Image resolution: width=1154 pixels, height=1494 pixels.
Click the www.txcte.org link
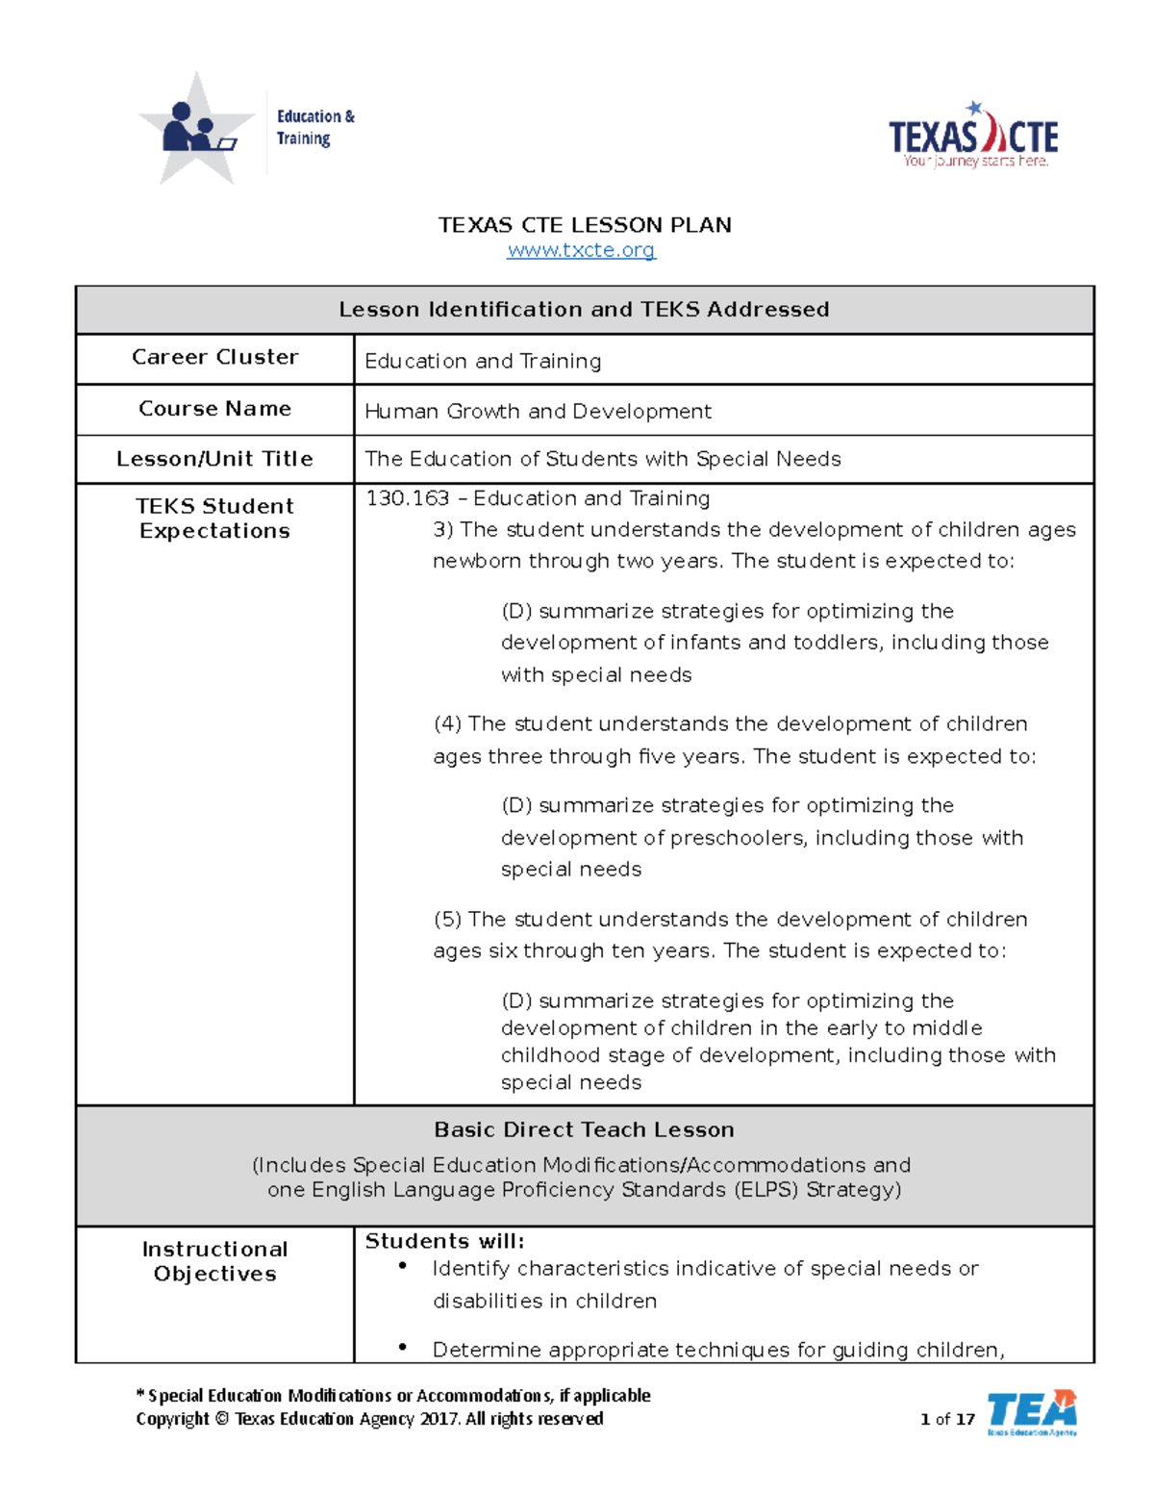click(x=581, y=250)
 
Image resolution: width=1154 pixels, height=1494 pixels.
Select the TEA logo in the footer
click(x=1031, y=1412)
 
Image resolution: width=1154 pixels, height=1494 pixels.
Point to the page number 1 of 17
click(x=947, y=1419)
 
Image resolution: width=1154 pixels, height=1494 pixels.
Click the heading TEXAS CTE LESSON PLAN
click(x=585, y=225)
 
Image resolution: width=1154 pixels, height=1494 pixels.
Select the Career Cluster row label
click(x=214, y=357)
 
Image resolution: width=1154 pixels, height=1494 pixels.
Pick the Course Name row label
click(x=214, y=409)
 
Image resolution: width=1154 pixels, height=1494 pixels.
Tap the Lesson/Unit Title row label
click(x=214, y=459)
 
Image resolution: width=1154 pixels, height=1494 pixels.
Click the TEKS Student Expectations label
click(x=214, y=519)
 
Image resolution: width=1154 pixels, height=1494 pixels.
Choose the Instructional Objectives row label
click(x=214, y=1261)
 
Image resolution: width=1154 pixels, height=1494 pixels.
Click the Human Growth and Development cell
click(x=538, y=412)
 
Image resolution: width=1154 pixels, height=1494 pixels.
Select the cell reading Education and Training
click(x=483, y=361)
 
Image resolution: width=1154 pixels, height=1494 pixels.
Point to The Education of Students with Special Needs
click(x=602, y=459)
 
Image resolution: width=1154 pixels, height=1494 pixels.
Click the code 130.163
click(x=408, y=498)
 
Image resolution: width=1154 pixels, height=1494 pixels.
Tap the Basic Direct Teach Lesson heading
click(x=584, y=1129)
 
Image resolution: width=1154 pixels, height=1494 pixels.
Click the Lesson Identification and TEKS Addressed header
click(x=584, y=310)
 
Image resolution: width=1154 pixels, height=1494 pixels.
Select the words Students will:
click(x=444, y=1241)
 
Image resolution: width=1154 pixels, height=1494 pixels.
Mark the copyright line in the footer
click(x=369, y=1419)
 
